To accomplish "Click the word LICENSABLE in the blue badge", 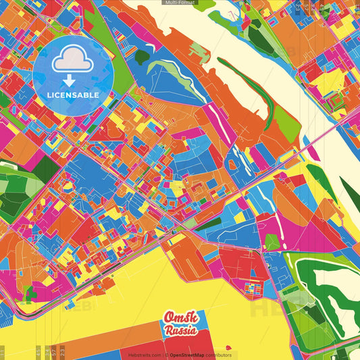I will [73, 95].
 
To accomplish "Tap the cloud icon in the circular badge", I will [73, 61].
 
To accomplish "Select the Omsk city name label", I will [180, 318].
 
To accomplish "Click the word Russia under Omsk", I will [180, 331].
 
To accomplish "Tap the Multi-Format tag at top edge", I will [180, 3].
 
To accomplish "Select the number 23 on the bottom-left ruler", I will [62, 351].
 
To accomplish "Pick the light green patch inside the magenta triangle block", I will [272, 241].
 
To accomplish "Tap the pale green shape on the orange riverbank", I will [199, 51].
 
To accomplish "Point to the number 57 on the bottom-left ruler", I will [54, 351].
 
